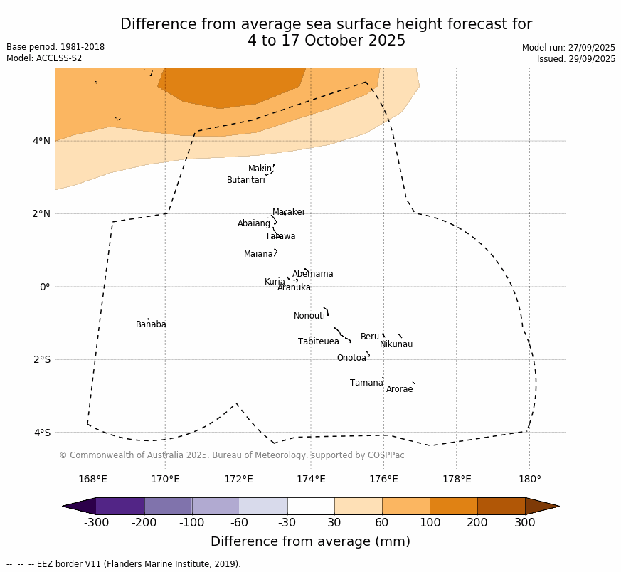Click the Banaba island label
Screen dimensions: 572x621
(151, 324)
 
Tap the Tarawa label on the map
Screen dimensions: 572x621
(280, 236)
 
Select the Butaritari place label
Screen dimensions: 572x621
(246, 180)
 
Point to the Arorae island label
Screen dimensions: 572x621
(399, 389)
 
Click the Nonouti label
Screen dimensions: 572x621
(309, 316)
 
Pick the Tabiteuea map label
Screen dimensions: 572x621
(319, 341)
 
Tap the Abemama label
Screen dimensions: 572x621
(312, 274)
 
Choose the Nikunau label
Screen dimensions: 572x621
(396, 344)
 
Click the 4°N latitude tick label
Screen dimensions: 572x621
(42, 141)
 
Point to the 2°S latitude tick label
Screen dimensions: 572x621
(42, 359)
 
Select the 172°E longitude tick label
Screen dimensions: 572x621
(238, 479)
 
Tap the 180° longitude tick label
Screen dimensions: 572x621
(529, 479)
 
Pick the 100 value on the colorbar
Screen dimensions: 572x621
(430, 524)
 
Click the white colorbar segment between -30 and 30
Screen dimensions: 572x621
(311, 506)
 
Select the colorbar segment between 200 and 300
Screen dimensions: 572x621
(501, 506)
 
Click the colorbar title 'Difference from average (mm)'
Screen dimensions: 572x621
(310, 541)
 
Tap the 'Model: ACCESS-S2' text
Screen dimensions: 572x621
(44, 58)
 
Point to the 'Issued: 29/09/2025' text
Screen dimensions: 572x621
(576, 59)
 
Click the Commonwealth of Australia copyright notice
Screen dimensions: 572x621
(232, 455)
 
